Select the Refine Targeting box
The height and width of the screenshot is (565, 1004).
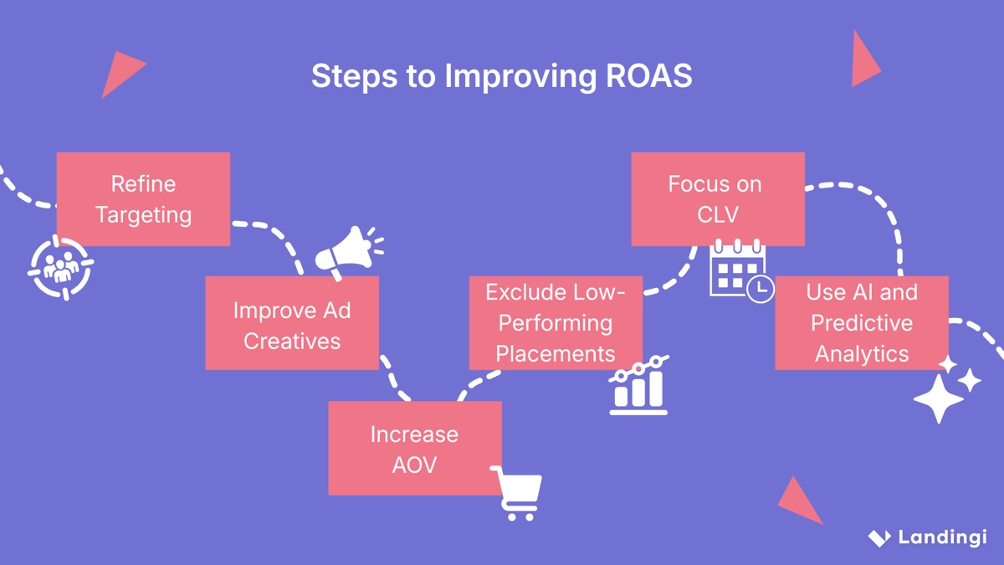[143, 199]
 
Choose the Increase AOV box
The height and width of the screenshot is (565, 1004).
[415, 448]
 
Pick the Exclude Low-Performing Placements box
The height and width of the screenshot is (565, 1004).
[556, 323]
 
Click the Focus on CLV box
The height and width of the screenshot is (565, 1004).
[717, 199]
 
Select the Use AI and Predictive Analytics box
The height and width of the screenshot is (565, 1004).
[862, 323]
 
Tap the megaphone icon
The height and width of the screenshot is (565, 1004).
[346, 251]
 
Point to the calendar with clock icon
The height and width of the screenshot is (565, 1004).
[740, 271]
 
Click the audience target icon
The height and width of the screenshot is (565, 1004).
[60, 268]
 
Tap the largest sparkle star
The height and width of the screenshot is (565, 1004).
[938, 398]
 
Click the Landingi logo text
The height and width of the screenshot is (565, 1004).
[942, 537]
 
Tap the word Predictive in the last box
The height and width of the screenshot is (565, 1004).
[862, 323]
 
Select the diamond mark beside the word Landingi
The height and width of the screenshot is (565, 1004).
[878, 537]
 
